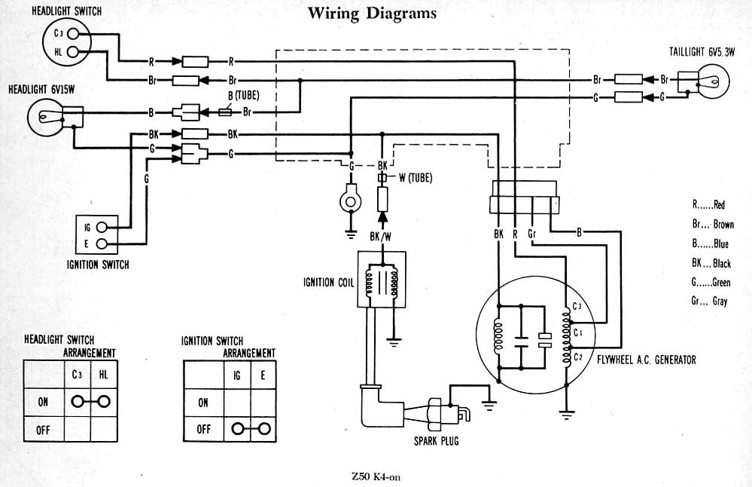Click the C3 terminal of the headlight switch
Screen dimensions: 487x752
pos(73,33)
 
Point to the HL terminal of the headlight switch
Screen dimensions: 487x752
pos(73,51)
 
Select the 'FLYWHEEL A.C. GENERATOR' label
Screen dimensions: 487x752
pos(646,360)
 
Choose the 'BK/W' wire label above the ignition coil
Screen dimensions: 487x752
pos(380,237)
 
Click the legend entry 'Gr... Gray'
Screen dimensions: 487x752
pos(711,301)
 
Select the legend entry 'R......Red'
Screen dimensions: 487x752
pos(708,204)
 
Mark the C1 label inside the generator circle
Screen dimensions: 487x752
pos(577,331)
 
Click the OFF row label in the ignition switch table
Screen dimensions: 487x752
pos(203,428)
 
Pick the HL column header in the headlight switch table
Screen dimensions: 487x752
pos(103,373)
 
